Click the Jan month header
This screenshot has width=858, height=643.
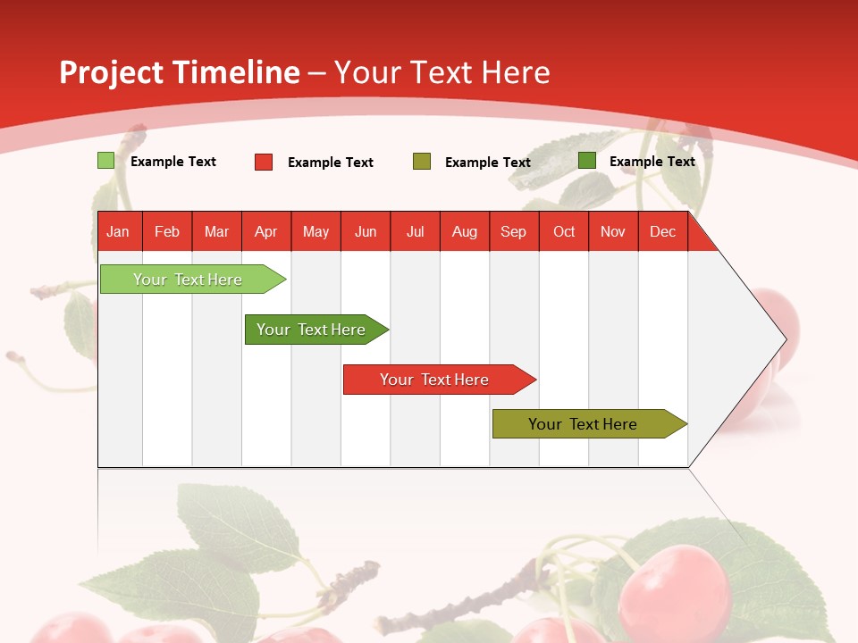119,232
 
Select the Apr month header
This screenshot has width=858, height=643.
266,232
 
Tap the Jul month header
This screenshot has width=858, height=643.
416,232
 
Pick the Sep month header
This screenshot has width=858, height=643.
514,232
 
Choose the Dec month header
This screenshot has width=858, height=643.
662,232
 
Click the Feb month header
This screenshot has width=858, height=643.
167,232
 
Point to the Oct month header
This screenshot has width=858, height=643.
564,232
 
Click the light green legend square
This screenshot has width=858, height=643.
105,161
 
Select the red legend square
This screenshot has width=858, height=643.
264,162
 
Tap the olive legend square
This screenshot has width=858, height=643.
422,162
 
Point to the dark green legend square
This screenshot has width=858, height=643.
587,161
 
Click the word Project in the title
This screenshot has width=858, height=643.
110,72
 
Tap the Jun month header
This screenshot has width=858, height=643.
366,232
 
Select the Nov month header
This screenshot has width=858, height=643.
613,232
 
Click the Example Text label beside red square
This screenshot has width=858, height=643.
331,163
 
